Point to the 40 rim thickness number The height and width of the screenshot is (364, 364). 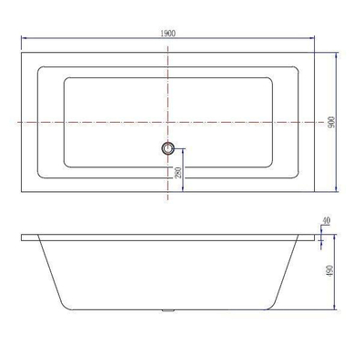(x=328, y=220)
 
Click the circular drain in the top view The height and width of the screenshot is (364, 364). (x=167, y=147)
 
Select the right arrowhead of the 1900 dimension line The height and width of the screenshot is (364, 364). (x=315, y=39)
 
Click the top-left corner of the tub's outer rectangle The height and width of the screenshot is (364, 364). (x=22, y=52)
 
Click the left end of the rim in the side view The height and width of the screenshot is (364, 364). (x=22, y=238)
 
